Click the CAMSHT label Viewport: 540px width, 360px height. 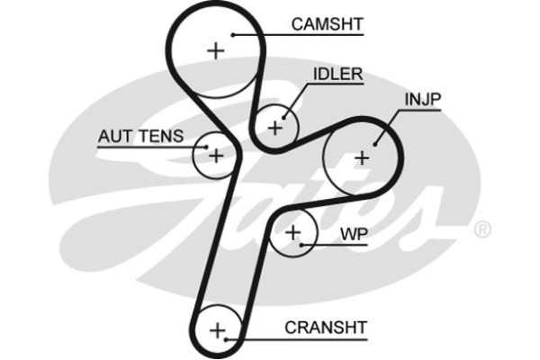(x=327, y=23)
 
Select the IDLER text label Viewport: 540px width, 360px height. (x=337, y=74)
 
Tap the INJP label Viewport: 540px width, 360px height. (x=420, y=98)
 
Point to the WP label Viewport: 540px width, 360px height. (x=354, y=234)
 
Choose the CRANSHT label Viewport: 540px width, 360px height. (x=325, y=328)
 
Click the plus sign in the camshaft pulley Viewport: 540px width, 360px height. (x=215, y=50)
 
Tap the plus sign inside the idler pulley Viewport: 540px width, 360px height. (x=274, y=126)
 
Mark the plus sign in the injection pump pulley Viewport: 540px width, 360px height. (x=361, y=157)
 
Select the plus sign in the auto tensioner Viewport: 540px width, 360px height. (x=215, y=155)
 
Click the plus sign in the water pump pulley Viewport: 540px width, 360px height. (x=292, y=233)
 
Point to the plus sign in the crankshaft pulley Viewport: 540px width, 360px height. (x=216, y=331)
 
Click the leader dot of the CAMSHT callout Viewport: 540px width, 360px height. (x=233, y=34)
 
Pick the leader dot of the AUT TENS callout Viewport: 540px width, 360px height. (x=207, y=144)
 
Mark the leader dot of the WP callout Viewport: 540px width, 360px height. (x=302, y=244)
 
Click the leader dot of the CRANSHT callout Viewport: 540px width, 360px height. (x=226, y=340)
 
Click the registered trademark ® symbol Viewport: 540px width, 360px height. (x=482, y=229)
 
